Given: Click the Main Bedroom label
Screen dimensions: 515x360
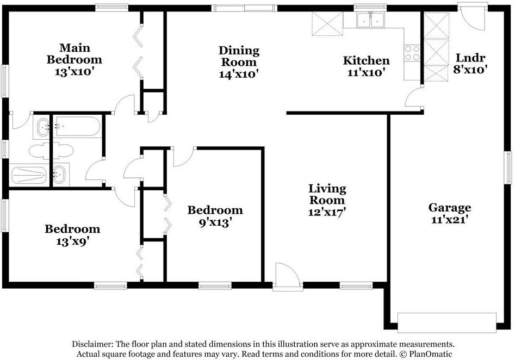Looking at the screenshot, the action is pyautogui.click(x=74, y=53).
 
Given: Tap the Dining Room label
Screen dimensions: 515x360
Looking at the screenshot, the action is pyautogui.click(x=239, y=56).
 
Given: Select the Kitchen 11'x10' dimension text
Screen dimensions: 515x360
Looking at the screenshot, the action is pyautogui.click(x=366, y=72).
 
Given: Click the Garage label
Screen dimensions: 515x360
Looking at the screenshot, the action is pyautogui.click(x=450, y=208).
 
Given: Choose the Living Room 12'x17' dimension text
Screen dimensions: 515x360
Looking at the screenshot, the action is pyautogui.click(x=327, y=212).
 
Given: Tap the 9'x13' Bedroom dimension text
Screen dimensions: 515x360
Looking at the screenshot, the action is pyautogui.click(x=215, y=222).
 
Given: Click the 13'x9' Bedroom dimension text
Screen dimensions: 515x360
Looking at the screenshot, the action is pyautogui.click(x=72, y=241).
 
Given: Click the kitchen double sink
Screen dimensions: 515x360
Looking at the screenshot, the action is pyautogui.click(x=370, y=20).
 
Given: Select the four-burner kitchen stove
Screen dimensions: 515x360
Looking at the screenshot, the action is pyautogui.click(x=412, y=53).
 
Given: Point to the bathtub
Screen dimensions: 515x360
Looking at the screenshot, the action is pyautogui.click(x=77, y=127).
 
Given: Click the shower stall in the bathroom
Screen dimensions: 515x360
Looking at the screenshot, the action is pyautogui.click(x=29, y=175).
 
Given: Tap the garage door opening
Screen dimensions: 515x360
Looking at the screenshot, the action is pyautogui.click(x=446, y=322).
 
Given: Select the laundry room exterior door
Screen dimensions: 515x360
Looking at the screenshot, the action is pyautogui.click(x=473, y=16).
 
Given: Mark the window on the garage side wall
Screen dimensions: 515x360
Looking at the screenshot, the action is pyautogui.click(x=508, y=167).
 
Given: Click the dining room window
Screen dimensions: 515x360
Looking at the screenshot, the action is pyautogui.click(x=244, y=8).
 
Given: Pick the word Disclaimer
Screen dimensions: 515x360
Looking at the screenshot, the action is pyautogui.click(x=93, y=344).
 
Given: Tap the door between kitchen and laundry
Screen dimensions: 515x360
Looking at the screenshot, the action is pyautogui.click(x=414, y=97).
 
